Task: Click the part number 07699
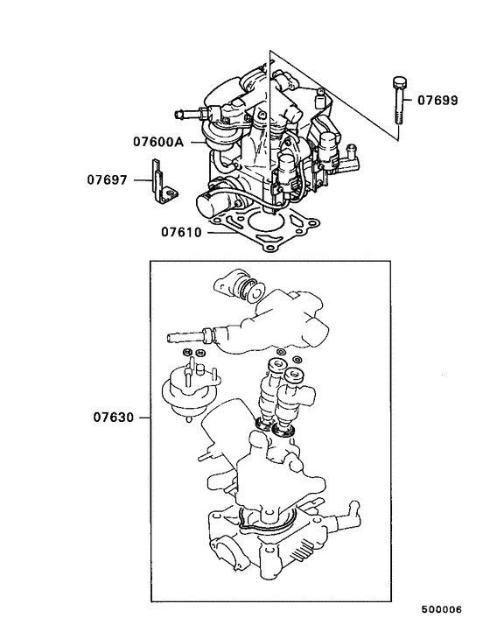[x=437, y=101]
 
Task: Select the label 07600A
[x=158, y=141]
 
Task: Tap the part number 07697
[x=108, y=180]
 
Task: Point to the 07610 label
[x=181, y=233]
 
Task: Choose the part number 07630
[x=114, y=417]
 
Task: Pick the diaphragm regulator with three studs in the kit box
[x=186, y=389]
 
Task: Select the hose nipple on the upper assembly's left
[x=192, y=113]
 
